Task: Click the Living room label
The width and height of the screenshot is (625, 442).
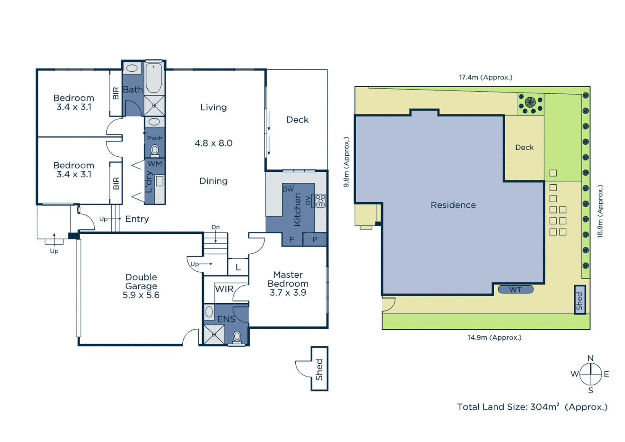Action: coord(213,107)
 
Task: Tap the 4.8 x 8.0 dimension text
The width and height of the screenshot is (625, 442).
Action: coord(213,143)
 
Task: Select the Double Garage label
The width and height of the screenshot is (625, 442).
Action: coord(141,282)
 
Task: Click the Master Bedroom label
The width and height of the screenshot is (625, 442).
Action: coord(288,279)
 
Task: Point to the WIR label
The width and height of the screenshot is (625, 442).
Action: coord(224,289)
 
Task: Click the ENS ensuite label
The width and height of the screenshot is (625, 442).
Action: coord(226,319)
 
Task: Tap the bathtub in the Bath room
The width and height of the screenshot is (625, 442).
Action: coord(154,78)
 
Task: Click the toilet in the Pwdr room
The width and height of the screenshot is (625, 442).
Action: coord(155,150)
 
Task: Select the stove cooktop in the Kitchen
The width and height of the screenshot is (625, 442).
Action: coord(320,201)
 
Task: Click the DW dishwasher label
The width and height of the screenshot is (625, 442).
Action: coord(288,189)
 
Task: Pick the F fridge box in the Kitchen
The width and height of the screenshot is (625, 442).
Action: coord(292,239)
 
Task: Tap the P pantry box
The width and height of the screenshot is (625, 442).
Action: coord(315,239)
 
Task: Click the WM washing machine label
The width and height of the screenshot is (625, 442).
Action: coord(155,164)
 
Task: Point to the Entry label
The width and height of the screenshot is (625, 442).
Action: coord(137,219)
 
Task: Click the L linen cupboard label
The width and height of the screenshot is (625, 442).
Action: coord(238,267)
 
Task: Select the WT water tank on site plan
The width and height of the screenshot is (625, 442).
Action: coord(515,290)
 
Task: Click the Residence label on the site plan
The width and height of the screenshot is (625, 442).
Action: coord(453,205)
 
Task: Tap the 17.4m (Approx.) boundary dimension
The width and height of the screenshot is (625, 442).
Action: coord(486,77)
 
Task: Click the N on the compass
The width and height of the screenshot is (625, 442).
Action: coord(590,359)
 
